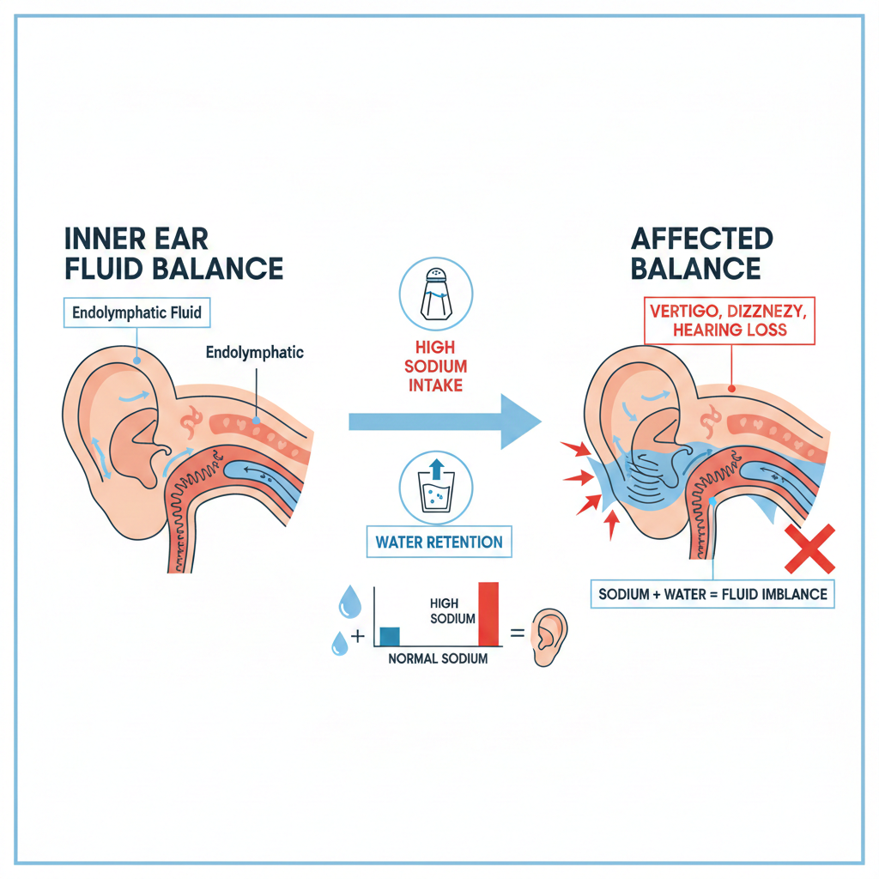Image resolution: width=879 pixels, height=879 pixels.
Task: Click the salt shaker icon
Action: (x=436, y=294)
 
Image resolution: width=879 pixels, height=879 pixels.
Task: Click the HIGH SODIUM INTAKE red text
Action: (x=435, y=368)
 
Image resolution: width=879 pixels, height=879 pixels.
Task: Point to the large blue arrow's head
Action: (x=520, y=421)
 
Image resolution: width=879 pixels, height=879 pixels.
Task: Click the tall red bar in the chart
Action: (x=488, y=614)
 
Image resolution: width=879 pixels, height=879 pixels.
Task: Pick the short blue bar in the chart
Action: (x=389, y=636)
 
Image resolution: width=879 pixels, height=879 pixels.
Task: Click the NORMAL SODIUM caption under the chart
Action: (x=438, y=659)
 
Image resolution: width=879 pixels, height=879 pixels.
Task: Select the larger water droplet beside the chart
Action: (x=349, y=603)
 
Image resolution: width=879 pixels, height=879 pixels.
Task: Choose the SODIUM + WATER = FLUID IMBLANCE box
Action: (x=712, y=594)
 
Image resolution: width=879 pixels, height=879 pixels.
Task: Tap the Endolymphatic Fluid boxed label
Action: (x=136, y=312)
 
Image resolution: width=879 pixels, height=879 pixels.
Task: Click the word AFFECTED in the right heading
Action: (x=702, y=238)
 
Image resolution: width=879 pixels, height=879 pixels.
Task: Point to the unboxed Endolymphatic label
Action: (x=255, y=352)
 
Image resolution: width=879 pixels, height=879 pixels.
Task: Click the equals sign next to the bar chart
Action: (x=518, y=635)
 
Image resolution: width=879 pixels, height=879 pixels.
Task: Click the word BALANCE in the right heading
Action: (x=695, y=269)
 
